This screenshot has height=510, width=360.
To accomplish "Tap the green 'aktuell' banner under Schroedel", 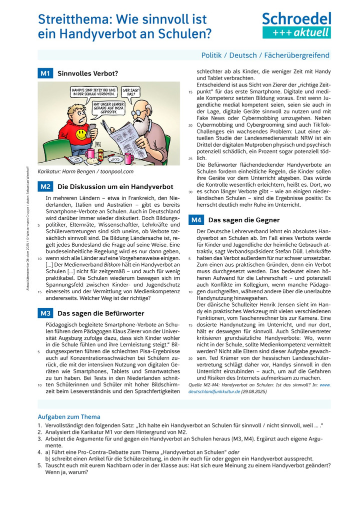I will point(296,33).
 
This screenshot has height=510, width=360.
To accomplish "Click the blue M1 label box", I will point(45,74).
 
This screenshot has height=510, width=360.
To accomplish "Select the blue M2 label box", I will point(45,187).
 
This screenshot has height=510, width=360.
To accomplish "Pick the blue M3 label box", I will point(45,313).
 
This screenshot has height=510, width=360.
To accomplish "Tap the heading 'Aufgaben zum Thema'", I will point(69,416).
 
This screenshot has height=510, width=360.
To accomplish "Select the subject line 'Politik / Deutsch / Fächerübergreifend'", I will point(265,55).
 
